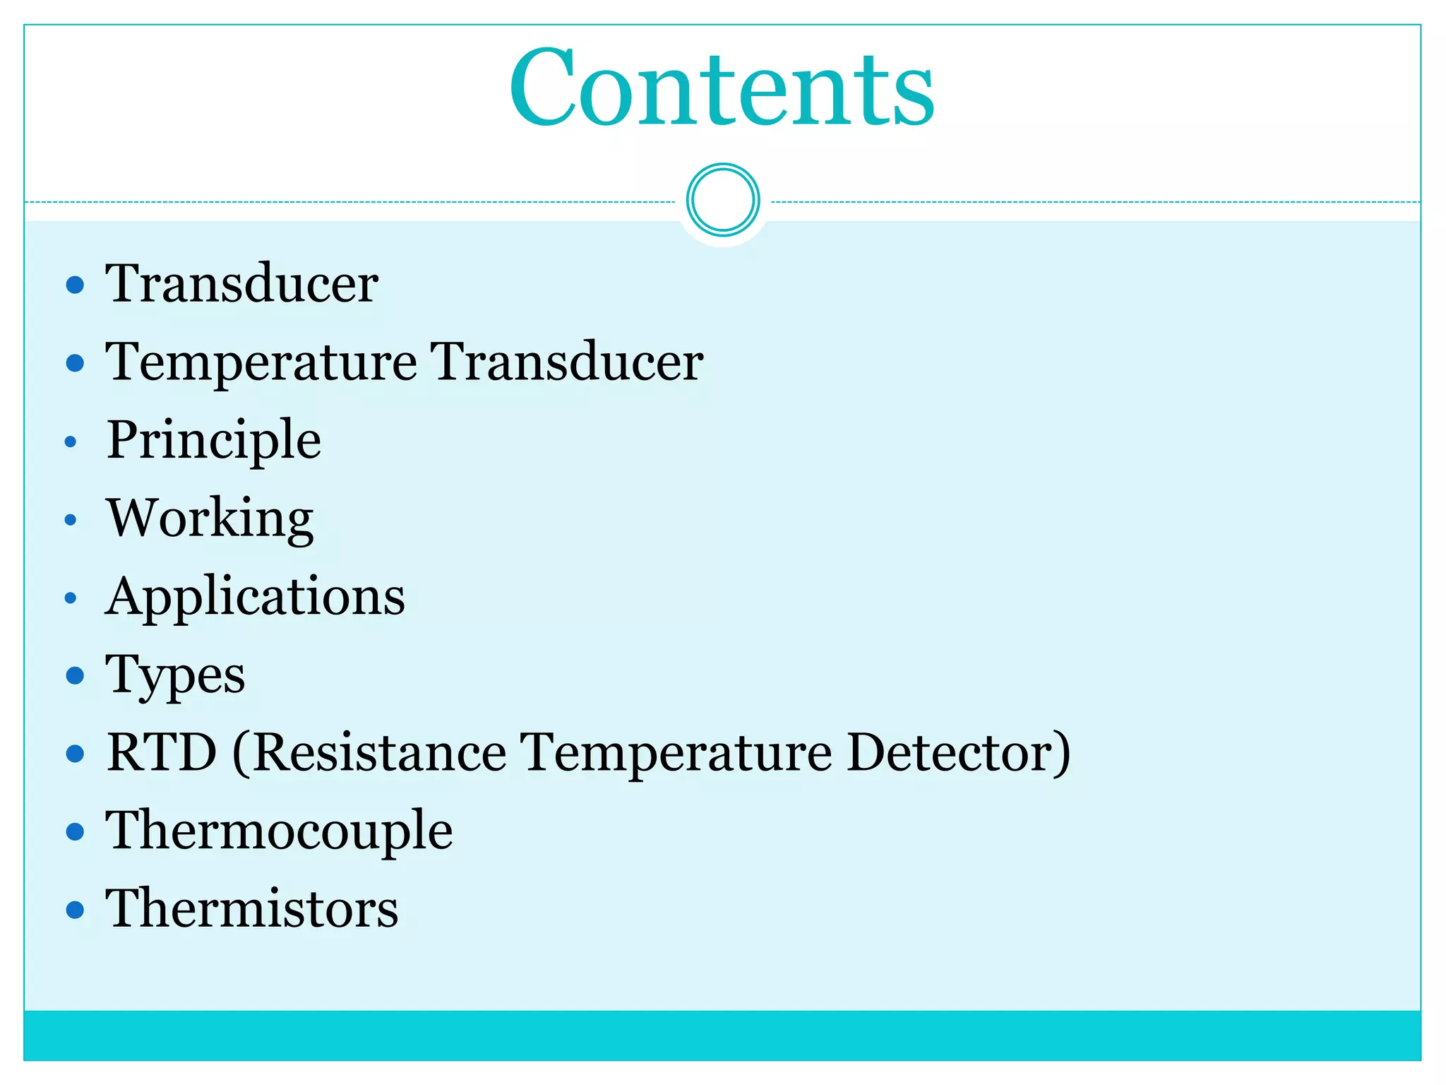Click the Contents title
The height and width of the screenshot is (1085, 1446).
[722, 88]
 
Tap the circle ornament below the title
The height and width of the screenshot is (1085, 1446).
[722, 200]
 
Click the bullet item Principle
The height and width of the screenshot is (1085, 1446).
[214, 441]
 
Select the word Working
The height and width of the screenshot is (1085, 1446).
[210, 519]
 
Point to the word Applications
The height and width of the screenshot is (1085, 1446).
[255, 598]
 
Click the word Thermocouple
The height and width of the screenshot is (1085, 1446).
[279, 831]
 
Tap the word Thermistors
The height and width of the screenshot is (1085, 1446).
[252, 909]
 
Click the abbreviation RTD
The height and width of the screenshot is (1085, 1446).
[162, 753]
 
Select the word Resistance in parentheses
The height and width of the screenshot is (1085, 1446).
[378, 753]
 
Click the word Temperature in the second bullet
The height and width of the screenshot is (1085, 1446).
[261, 363]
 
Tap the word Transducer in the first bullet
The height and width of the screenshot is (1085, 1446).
[241, 285]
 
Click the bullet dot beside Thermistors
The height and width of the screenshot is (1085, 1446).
[75, 910]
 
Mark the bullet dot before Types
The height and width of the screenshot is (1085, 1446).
[75, 676]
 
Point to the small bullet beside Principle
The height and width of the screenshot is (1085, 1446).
[70, 442]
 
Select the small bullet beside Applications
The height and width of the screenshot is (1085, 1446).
[70, 598]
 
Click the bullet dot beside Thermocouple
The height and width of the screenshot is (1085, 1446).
[75, 832]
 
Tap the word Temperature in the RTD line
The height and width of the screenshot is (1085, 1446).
[676, 753]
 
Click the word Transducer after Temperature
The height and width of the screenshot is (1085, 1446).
[566, 363]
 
